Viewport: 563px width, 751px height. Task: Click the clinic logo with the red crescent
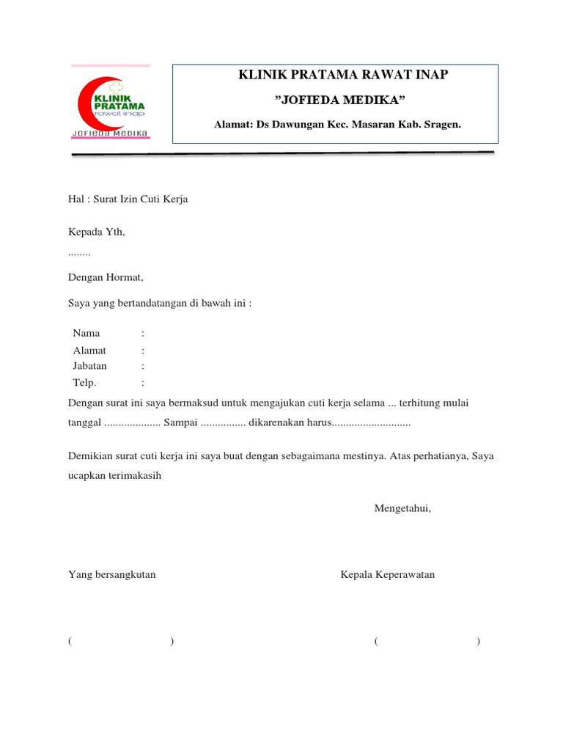tap(111, 103)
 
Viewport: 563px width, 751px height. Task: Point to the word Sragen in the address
tap(441, 125)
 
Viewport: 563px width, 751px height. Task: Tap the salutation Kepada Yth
tap(97, 232)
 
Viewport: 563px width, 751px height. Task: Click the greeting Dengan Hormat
tap(106, 278)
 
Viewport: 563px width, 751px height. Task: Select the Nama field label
tap(87, 333)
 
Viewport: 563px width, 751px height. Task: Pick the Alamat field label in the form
tap(89, 351)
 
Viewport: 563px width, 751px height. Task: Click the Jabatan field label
tap(89, 365)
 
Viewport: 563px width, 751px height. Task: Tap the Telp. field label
tap(84, 382)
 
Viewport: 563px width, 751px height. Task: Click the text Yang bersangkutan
tap(111, 575)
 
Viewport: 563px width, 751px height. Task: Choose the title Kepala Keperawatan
tap(387, 575)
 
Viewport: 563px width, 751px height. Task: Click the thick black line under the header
tap(283, 154)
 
